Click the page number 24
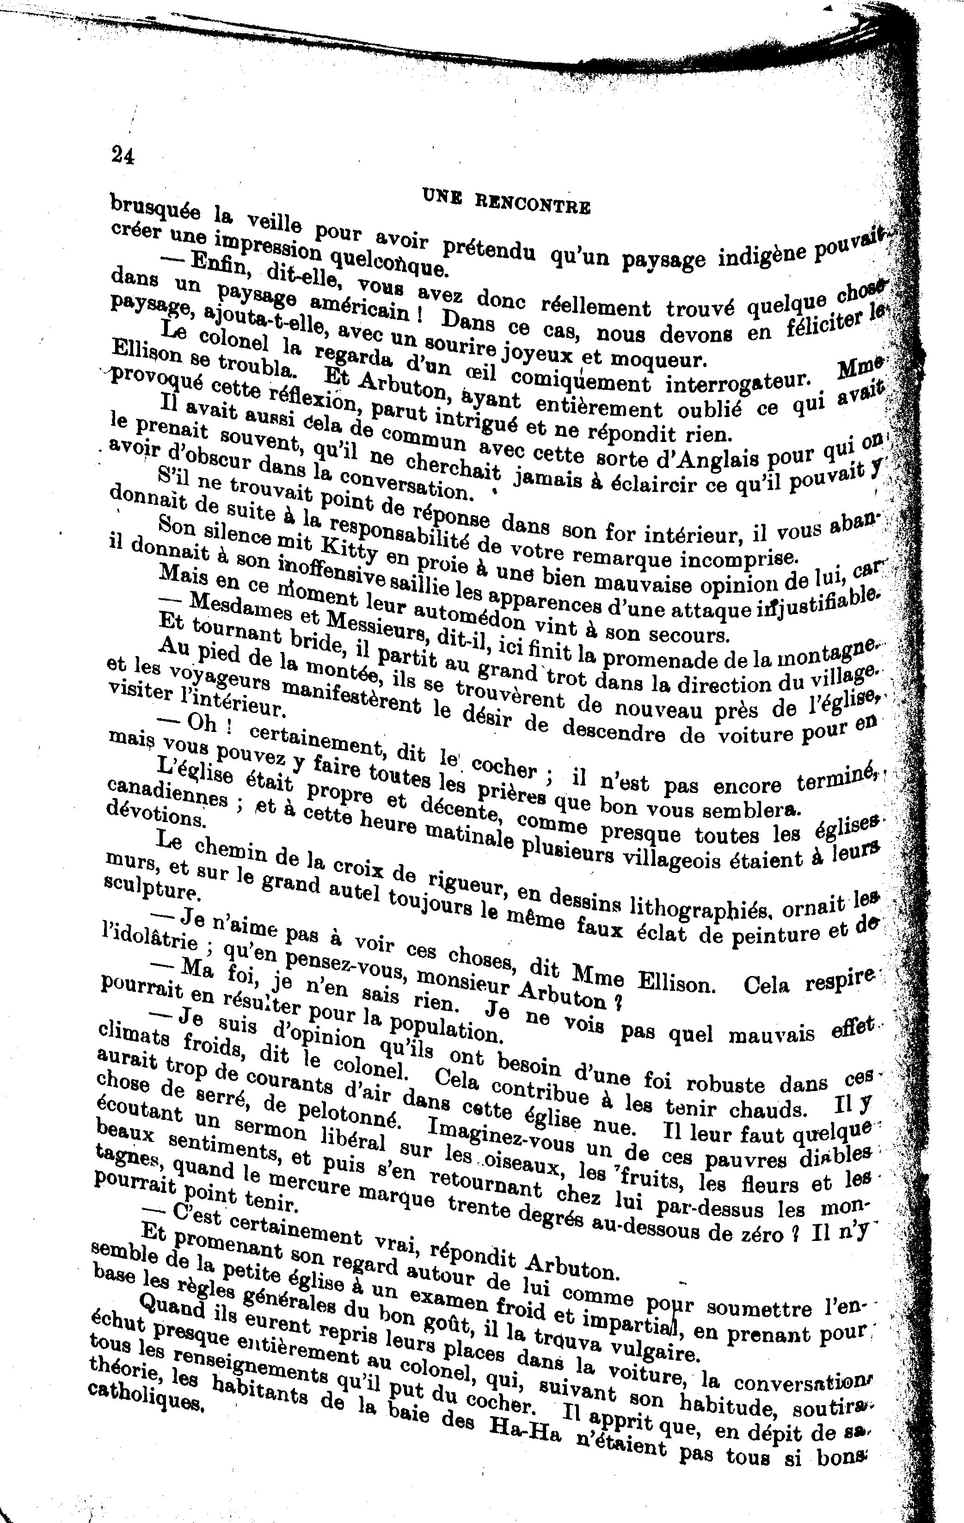click(x=123, y=155)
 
